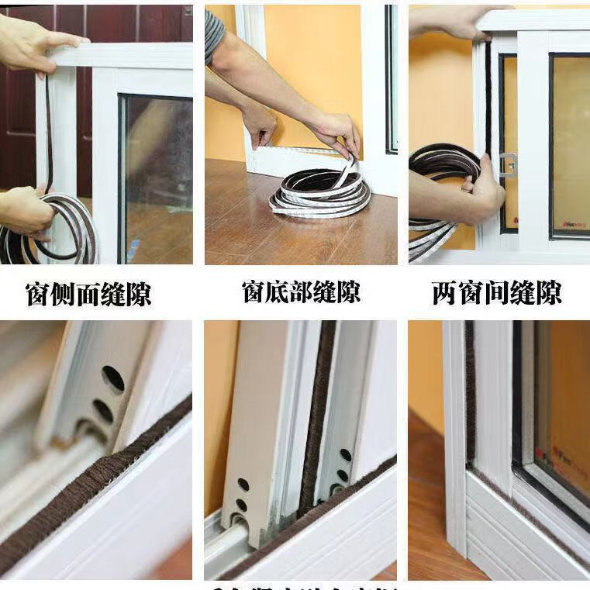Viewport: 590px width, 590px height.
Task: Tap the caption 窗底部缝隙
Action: tap(301, 292)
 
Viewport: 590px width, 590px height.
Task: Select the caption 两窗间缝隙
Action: tap(496, 293)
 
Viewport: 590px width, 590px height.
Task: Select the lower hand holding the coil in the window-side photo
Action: tap(23, 209)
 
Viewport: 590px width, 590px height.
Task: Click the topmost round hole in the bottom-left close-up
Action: tap(113, 378)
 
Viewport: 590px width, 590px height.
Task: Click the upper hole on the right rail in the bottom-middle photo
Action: tap(345, 455)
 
